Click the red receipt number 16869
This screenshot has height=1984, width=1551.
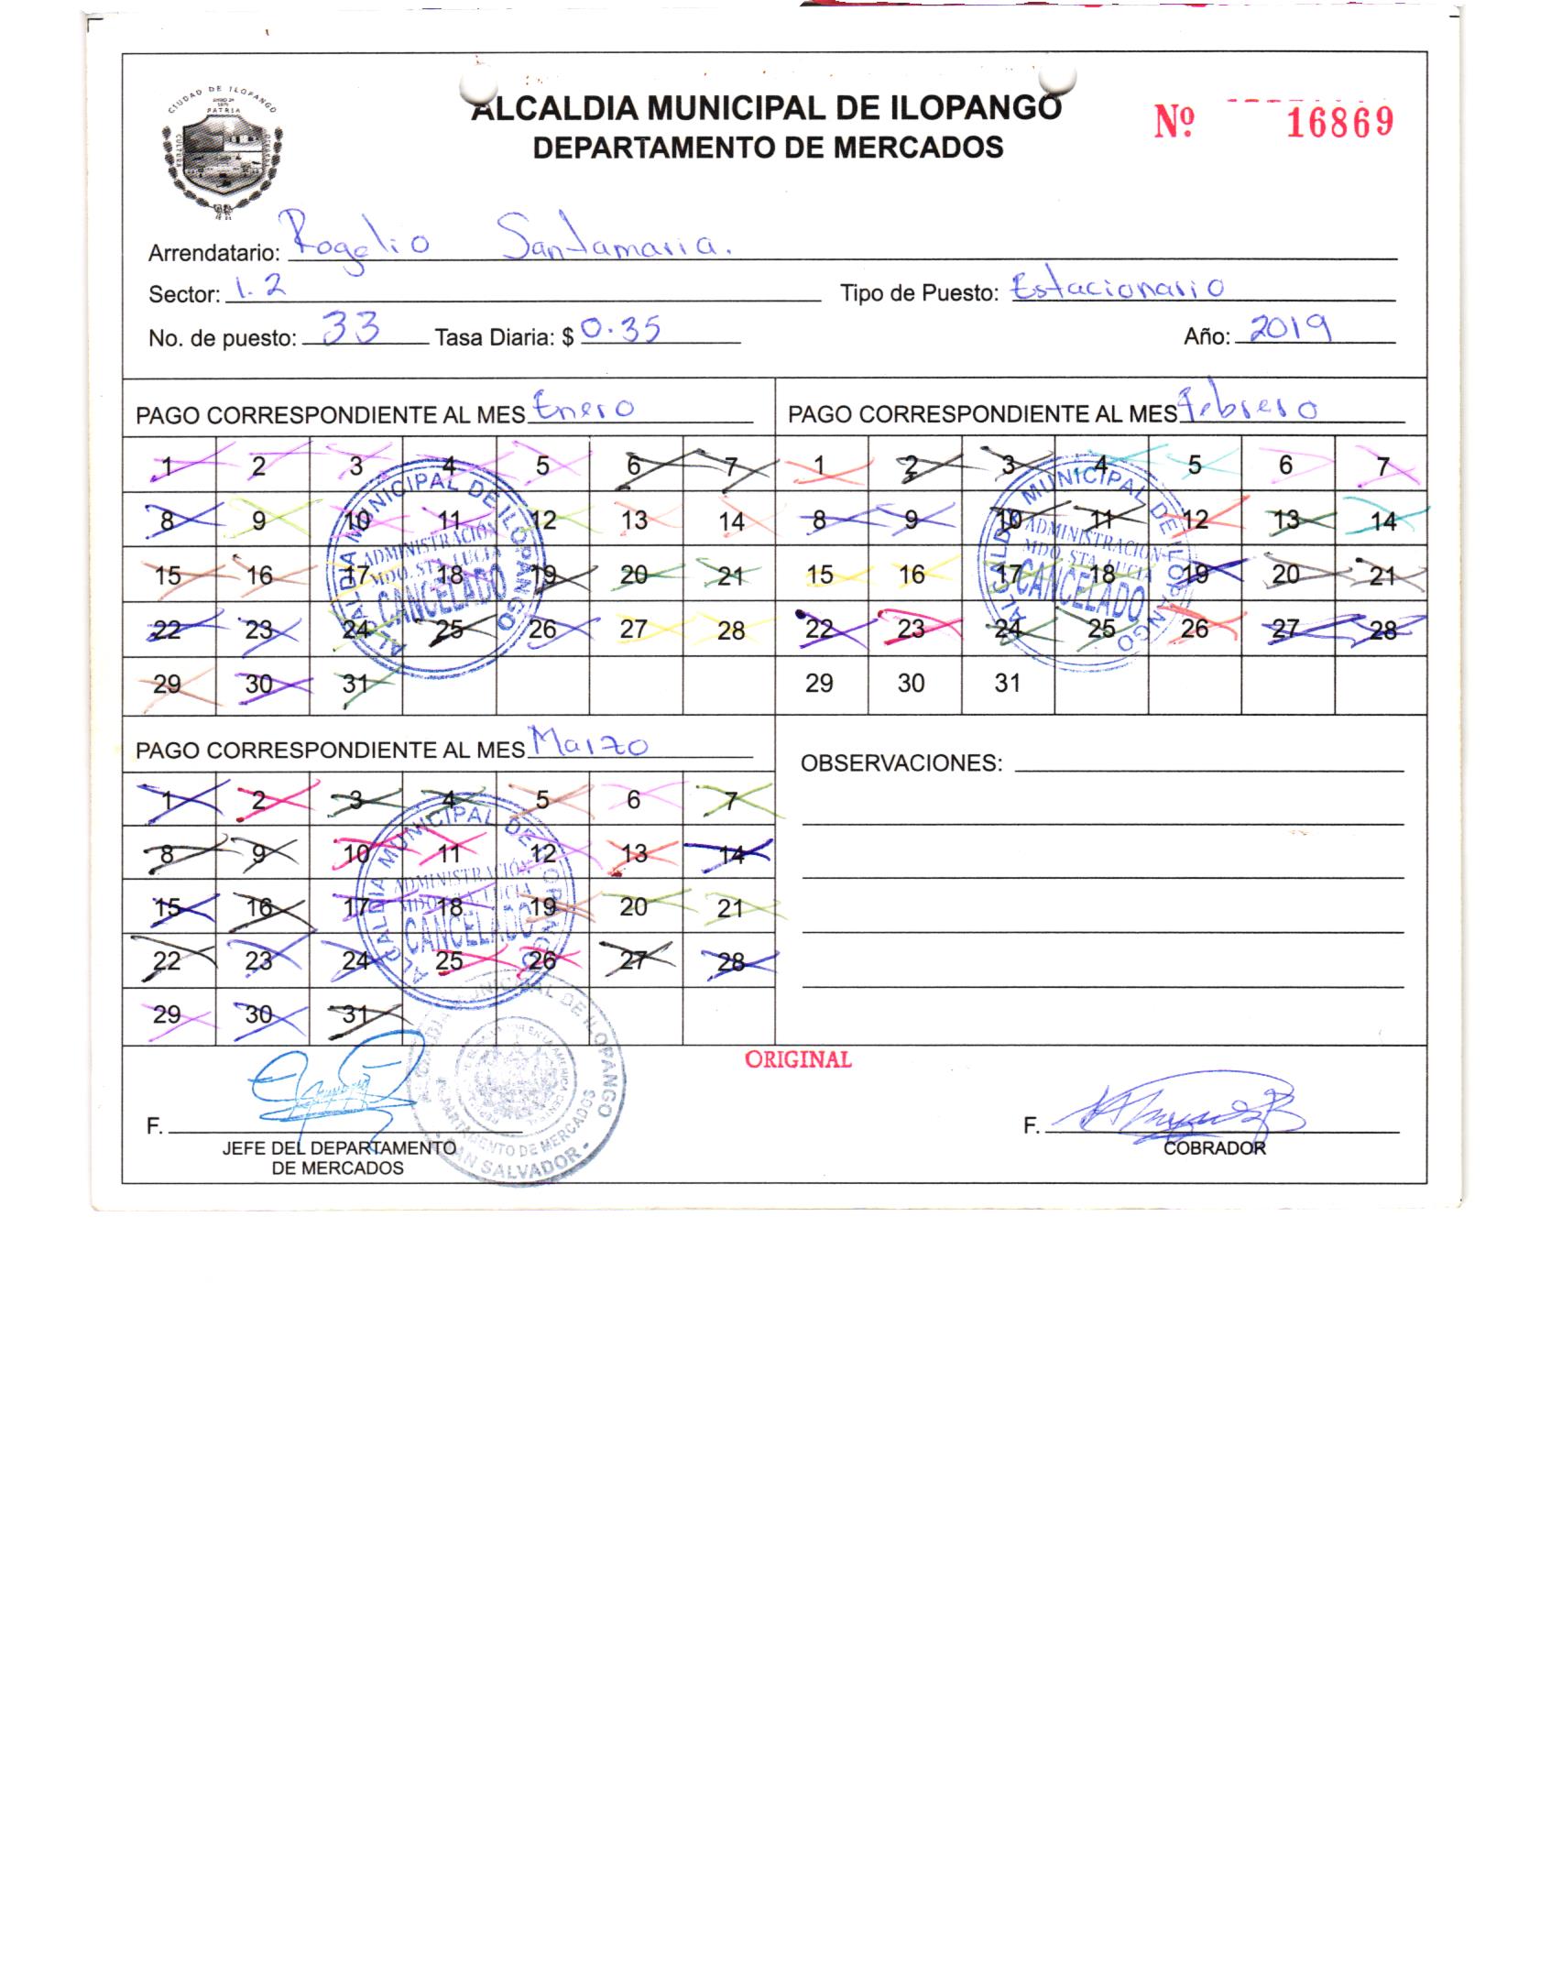[x=1339, y=121]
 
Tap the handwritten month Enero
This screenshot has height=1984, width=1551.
[x=583, y=408]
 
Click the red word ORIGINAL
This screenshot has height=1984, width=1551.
[x=798, y=1059]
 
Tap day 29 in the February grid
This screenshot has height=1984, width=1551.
[x=819, y=684]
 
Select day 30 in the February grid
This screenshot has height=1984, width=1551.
[x=912, y=684]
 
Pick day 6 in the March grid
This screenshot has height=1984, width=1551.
[x=633, y=800]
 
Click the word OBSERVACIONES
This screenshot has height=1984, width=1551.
[x=901, y=762]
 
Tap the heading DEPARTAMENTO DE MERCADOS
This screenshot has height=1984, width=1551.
[x=768, y=147]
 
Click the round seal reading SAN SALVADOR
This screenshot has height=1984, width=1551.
[x=518, y=1091]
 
